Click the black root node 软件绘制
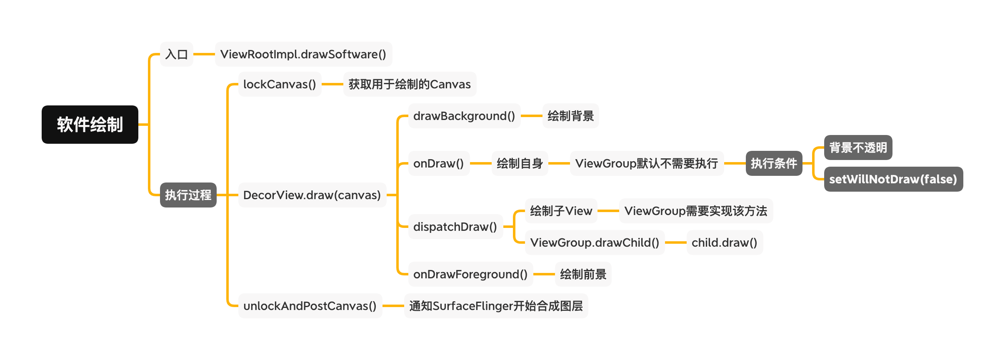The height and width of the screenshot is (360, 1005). pos(90,125)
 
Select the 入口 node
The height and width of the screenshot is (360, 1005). pos(177,54)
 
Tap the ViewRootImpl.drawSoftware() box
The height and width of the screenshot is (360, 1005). pos(303,54)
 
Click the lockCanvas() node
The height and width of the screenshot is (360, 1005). pos(280,84)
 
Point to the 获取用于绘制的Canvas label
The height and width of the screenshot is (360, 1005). pos(410,84)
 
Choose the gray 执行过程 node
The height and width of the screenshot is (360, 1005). pos(188,195)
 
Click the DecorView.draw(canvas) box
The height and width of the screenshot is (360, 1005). pos(312,195)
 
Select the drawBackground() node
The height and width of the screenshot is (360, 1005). pos(464,116)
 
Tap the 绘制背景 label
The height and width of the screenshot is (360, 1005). pos(570,116)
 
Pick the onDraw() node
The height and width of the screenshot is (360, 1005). pos(439,163)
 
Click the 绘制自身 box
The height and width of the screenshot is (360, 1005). pos(520,163)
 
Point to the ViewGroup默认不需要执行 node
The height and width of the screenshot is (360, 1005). pos(647,163)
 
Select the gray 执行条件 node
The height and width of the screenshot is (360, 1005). pos(774,163)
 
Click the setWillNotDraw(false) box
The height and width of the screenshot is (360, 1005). pos(893,179)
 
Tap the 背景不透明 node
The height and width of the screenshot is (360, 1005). pos(858,147)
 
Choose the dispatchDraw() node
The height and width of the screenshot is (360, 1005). pos(455,227)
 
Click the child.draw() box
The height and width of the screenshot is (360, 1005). pos(725,242)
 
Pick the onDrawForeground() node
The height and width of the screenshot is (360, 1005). pos(470,274)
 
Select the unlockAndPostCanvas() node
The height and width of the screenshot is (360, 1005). pos(310,306)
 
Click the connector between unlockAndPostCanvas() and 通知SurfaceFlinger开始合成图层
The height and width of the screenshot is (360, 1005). pos(393,306)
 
